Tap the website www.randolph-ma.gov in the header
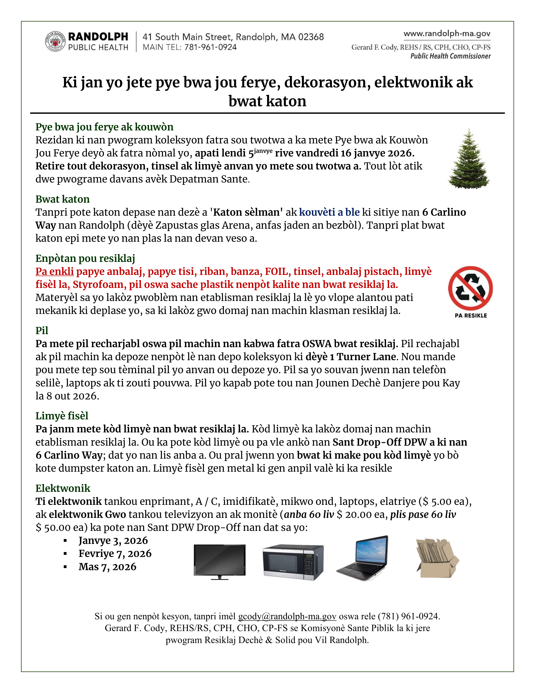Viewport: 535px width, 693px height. pos(447,34)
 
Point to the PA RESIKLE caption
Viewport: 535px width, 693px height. pos(471,315)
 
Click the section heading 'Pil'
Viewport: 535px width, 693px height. pos(42,330)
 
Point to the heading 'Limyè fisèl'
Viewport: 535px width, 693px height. pos(62,416)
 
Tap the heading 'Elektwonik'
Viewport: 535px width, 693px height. pos(63,488)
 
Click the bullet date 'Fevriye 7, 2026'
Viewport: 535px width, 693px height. pos(115,553)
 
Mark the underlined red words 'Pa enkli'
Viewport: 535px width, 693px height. pos(55,271)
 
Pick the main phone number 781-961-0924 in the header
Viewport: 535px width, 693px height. pos(210,47)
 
